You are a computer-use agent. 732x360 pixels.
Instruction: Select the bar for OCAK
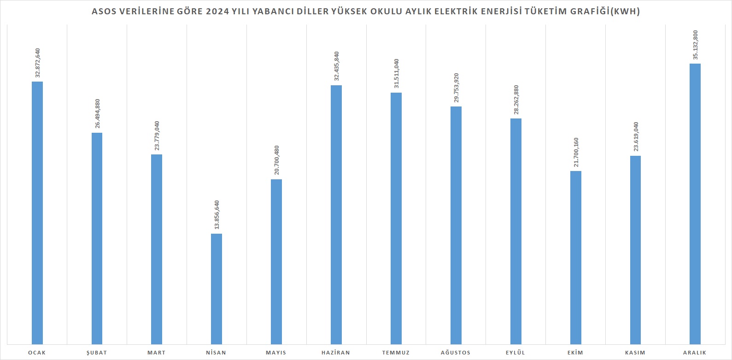point(37,212)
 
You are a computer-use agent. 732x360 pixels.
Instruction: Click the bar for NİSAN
point(217,289)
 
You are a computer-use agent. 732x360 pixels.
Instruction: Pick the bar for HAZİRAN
point(336,214)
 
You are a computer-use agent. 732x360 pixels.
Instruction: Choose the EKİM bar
point(575,257)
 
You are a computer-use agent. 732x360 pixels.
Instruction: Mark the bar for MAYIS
point(276,261)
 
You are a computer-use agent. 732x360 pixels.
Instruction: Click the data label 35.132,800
point(695,45)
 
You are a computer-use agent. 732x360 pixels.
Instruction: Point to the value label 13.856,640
point(217,215)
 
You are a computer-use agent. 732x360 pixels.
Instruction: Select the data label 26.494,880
point(97,114)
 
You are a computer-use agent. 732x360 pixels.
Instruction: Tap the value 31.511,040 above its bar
point(396,74)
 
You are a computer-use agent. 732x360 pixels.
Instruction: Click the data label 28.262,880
point(515,100)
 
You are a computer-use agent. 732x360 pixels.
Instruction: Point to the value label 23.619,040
point(636,137)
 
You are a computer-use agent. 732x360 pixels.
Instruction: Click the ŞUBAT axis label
point(97,353)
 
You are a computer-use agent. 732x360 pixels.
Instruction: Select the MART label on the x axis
point(157,353)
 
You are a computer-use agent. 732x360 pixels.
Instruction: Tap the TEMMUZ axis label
point(396,353)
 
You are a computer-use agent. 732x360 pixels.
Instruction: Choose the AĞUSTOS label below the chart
point(456,353)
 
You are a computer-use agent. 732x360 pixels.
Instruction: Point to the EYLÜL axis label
point(515,353)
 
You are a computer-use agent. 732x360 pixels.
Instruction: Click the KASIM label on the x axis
point(635,353)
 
